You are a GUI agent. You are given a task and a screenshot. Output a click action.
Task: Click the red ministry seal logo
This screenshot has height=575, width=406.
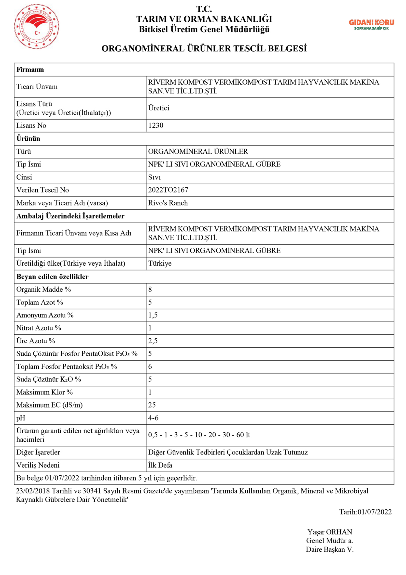37,26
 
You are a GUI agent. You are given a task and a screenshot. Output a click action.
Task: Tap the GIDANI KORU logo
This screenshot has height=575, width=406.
371,25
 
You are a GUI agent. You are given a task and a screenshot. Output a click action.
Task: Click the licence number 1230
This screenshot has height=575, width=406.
155,125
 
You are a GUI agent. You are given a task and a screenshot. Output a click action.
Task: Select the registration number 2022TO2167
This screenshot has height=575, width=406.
168,190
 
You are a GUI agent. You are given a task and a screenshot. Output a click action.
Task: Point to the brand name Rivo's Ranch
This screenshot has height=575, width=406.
168,203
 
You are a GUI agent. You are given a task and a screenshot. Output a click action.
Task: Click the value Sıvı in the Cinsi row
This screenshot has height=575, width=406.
154,177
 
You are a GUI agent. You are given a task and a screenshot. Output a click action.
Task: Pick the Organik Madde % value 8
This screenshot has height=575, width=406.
150,289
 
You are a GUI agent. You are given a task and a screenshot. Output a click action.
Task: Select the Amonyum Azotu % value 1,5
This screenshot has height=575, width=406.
153,315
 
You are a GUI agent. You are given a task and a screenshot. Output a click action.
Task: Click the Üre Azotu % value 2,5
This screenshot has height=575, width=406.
153,341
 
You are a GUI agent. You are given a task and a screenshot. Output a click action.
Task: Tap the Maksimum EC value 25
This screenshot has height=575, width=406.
152,405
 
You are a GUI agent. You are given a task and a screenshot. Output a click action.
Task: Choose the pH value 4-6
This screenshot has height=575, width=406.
153,418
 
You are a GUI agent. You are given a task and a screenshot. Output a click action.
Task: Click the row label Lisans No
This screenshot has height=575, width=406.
31,125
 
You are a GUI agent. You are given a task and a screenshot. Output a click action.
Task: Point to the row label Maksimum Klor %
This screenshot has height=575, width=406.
44,392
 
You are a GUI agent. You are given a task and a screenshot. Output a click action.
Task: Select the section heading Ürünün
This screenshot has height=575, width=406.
28,138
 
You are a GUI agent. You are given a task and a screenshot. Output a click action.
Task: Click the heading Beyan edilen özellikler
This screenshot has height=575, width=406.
52,277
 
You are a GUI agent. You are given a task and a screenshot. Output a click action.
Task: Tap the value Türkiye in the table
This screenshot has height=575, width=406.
160,263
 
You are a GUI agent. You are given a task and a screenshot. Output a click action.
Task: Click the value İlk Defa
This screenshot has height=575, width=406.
160,465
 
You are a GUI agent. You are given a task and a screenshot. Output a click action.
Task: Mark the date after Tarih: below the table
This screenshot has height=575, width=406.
375,512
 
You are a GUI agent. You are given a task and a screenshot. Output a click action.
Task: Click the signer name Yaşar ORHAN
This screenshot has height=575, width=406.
329,532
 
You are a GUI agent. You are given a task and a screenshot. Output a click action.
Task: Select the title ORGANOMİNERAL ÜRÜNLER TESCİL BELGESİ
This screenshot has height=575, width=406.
204,49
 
